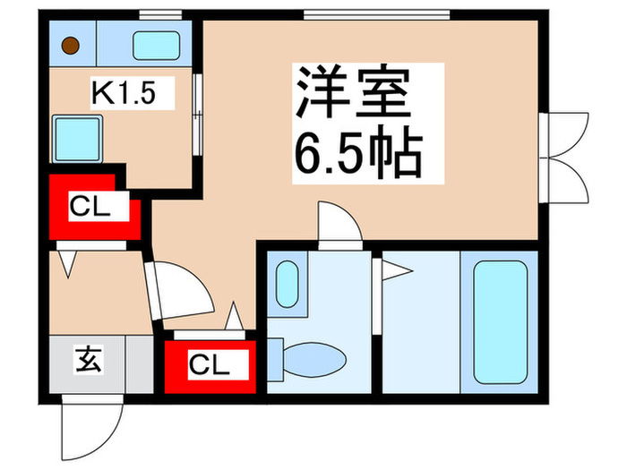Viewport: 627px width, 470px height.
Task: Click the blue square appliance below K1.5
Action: (x=74, y=137)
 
